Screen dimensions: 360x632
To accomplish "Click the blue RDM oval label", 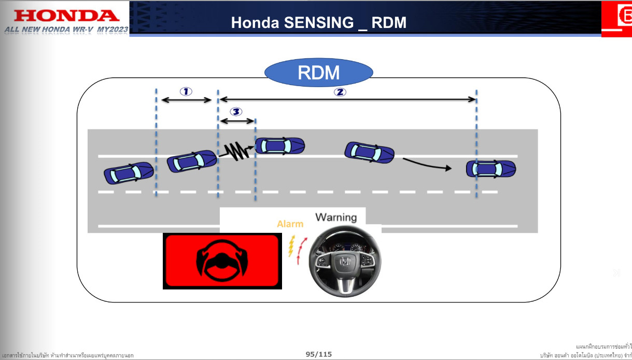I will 318,73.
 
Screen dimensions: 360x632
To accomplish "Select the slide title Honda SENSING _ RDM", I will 318,22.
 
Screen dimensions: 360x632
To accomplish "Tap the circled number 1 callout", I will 186,91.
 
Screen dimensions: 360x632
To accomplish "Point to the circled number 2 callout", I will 340,92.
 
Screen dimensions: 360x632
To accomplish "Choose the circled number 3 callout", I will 236,112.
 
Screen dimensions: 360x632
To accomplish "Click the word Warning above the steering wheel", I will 336,217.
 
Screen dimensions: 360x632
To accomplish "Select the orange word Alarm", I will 290,224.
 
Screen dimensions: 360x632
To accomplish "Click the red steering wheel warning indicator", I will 222,261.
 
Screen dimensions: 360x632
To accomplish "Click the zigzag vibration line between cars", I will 236,151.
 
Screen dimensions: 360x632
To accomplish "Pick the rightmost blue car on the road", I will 490,169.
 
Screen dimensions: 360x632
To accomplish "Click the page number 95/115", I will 318,354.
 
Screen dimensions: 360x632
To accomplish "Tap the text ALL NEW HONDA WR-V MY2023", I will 66,30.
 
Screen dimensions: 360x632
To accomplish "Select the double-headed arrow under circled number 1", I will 187,100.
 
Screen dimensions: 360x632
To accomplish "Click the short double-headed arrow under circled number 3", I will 237,121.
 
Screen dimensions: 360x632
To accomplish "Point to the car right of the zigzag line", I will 279,146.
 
